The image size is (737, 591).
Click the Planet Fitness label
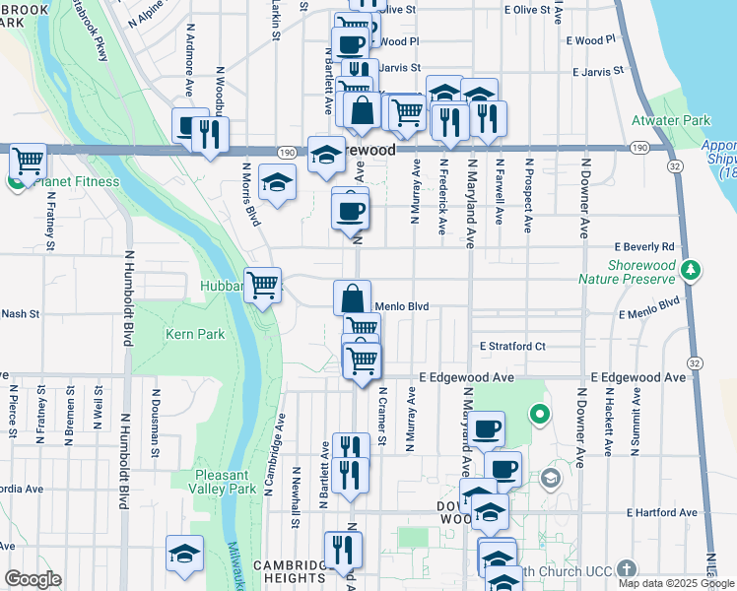coord(76,181)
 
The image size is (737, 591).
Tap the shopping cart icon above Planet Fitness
coord(29,159)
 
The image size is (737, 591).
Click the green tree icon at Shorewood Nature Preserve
coord(693,269)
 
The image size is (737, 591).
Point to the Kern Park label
coord(195,335)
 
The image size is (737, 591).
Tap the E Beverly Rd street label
coord(644,246)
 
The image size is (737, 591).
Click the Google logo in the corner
coord(32,579)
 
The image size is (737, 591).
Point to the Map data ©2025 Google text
coord(676,583)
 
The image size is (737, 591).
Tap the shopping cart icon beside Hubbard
coord(263,286)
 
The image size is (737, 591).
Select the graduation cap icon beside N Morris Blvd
coord(278,181)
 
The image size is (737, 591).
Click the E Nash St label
coord(20,314)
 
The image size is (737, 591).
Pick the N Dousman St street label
coord(156,414)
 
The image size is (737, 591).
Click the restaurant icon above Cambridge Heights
coord(343,549)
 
